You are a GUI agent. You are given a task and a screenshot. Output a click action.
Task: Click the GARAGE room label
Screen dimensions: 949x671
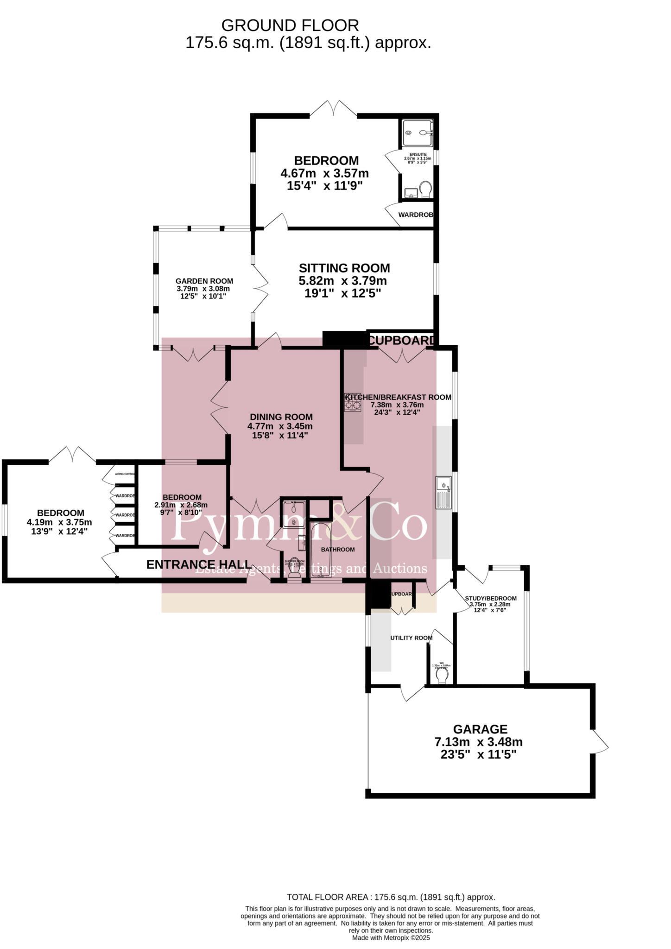480,729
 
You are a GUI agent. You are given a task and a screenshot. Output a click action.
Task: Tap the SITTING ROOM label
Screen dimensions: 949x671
344,268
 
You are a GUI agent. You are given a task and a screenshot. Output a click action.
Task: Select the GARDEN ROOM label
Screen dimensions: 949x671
204,281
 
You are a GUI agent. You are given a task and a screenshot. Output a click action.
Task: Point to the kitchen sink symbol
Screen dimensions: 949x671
444,492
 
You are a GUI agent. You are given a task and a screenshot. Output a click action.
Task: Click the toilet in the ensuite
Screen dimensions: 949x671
425,189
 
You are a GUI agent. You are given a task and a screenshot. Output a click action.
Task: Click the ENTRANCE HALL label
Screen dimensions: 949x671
199,564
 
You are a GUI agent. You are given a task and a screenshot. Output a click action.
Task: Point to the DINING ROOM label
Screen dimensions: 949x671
281,417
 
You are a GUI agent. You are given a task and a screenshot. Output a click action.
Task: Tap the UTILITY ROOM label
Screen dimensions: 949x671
411,638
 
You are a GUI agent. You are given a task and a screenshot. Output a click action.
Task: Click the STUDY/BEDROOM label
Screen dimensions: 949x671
490,598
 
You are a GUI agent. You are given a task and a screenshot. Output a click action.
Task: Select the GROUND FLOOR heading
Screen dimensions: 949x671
290,25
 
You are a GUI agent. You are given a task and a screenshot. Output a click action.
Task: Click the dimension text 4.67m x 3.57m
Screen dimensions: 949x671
324,174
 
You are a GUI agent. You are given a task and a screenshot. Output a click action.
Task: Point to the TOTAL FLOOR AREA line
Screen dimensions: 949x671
391,898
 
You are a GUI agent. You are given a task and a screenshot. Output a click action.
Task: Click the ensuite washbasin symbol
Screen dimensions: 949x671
410,192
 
